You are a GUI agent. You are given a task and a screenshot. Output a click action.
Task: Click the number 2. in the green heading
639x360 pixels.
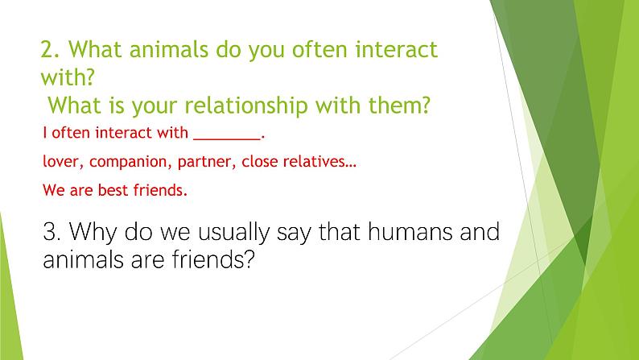coord(50,50)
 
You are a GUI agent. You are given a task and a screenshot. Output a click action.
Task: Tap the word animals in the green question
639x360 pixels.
coord(168,49)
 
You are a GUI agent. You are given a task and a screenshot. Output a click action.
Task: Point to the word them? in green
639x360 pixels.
coord(399,106)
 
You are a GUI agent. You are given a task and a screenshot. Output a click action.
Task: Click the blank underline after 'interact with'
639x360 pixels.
coord(227,139)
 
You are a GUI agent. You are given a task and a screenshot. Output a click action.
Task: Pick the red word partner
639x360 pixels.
coord(207,162)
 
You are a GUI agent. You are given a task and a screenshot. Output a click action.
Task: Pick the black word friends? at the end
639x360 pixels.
coord(213,259)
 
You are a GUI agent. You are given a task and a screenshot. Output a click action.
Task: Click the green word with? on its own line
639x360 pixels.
coord(68,77)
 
